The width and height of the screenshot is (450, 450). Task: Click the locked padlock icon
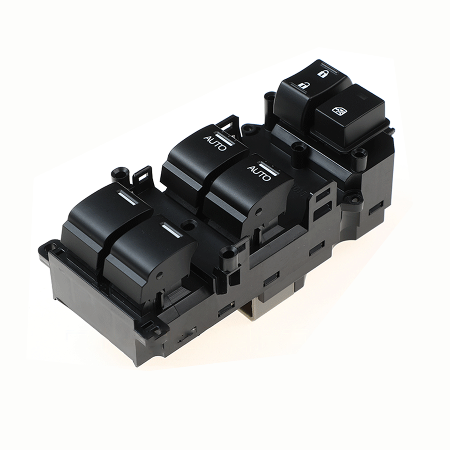(x=322, y=74)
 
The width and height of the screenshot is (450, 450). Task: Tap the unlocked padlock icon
(x=302, y=85)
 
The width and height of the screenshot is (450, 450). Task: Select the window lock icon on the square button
(x=338, y=111)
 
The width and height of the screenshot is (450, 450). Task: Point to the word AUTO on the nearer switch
(x=259, y=173)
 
